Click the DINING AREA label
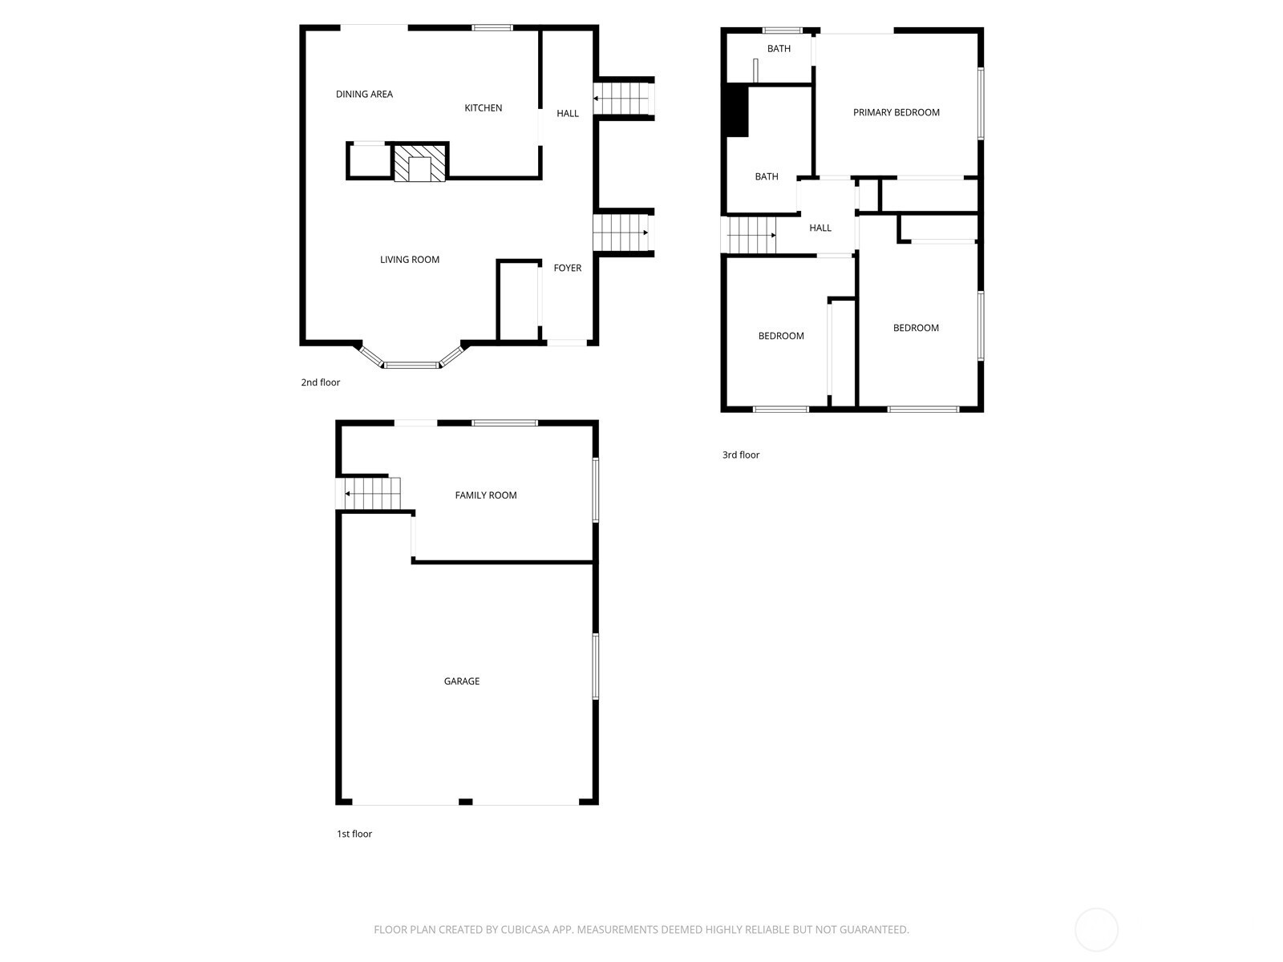point(364,94)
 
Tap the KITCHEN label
point(483,108)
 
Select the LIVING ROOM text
point(409,260)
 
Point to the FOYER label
point(568,268)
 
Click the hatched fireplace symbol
point(419,163)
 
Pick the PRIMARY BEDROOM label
point(896,113)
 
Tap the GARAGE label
point(461,681)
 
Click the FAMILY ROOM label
point(486,495)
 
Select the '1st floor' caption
point(354,834)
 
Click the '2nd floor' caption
point(320,382)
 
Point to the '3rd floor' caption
point(741,455)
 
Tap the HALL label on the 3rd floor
point(820,228)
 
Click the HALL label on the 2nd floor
point(568,113)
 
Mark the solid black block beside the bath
point(737,111)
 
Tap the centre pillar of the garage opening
point(465,802)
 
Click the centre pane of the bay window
point(411,366)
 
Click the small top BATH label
point(779,49)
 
